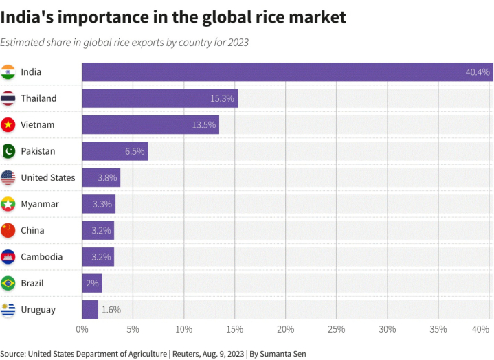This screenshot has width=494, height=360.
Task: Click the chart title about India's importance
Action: [173, 17]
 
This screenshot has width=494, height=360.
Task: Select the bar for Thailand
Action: [159, 98]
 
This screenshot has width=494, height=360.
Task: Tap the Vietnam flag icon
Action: [8, 124]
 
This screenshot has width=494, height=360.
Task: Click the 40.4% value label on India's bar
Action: [478, 72]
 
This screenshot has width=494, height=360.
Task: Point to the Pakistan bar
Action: [115, 151]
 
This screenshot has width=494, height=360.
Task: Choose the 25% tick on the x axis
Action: [336, 329]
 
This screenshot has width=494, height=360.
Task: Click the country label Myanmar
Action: [40, 204]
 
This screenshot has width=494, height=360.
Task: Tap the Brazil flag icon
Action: [8, 283]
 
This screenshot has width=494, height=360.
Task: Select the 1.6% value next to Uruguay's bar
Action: [111, 310]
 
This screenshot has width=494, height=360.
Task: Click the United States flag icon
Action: [8, 177]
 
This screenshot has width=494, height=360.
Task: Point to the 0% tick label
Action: [82, 329]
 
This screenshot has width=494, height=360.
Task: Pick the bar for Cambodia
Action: [98, 257]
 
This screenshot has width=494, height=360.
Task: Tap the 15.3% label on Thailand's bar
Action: [223, 98]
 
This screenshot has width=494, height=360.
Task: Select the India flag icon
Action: [8, 71]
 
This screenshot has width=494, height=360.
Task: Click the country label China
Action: [33, 230]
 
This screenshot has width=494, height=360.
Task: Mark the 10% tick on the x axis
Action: [183, 329]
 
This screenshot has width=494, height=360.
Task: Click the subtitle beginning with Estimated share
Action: [124, 43]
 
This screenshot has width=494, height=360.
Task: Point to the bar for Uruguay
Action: [90, 310]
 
